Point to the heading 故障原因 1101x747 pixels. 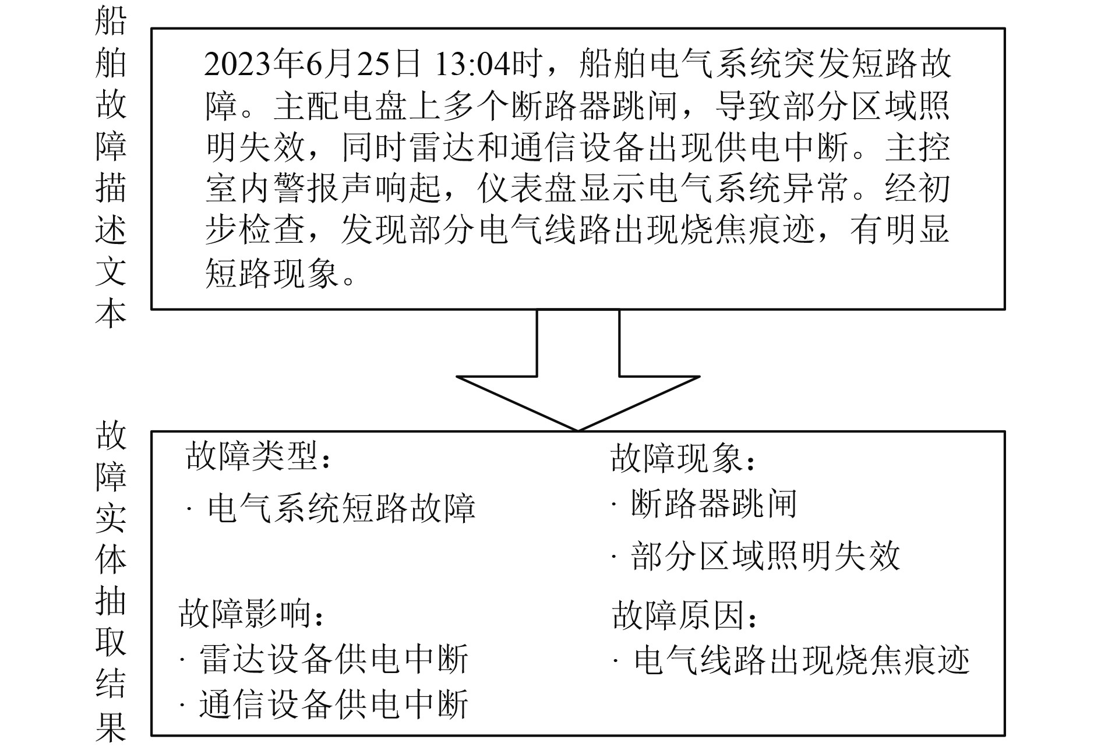coord(684,615)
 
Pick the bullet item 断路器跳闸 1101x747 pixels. coord(713,504)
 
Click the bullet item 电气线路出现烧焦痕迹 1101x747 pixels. coord(802,661)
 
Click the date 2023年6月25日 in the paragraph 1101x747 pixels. coord(312,64)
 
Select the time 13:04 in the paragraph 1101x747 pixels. coord(472,64)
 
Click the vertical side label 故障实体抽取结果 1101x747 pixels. coord(110,582)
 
